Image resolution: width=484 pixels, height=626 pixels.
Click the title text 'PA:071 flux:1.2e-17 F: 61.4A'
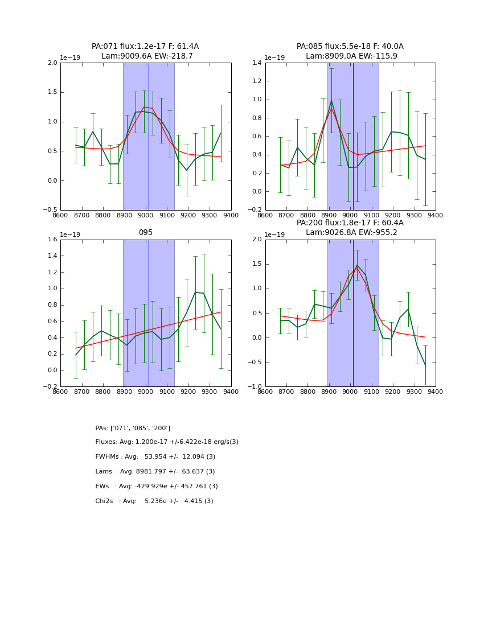(145, 47)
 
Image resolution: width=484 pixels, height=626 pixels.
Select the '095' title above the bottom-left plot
(146, 233)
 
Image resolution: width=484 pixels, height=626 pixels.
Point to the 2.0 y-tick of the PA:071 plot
(52, 63)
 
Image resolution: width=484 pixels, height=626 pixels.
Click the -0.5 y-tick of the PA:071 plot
(51, 210)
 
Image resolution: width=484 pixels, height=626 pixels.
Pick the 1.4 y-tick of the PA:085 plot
(257, 63)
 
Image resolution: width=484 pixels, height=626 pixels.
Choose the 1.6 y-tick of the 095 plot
(52, 240)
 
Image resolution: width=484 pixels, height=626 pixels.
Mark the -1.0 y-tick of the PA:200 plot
(255, 387)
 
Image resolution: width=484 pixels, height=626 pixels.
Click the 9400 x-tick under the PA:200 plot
(436, 392)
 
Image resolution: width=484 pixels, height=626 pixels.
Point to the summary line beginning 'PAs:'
(133, 428)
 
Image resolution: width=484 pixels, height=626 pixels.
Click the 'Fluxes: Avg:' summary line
(167, 442)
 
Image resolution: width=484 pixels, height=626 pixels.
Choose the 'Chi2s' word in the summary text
(106, 501)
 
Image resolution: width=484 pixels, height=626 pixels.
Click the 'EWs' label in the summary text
(103, 487)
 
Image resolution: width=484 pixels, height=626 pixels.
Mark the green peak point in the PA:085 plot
(331, 101)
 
